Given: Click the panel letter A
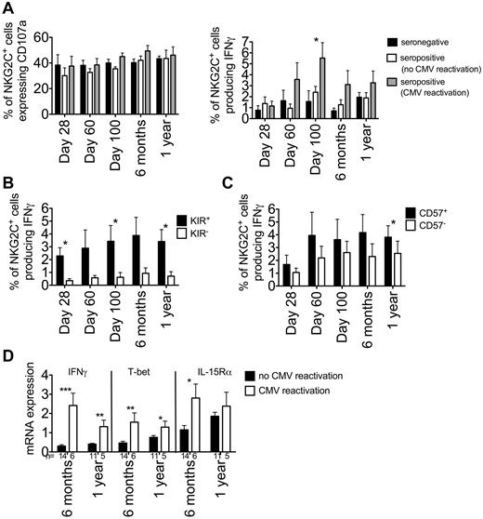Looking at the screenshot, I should coord(7,8).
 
